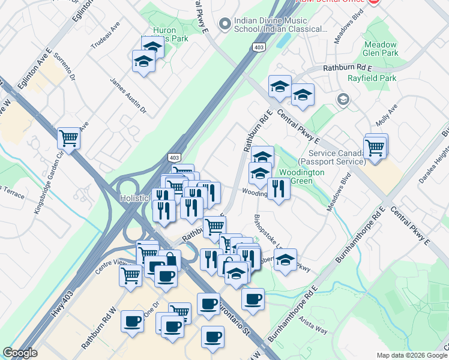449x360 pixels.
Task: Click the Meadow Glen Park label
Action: (381, 49)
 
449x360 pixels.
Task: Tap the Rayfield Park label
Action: (372, 78)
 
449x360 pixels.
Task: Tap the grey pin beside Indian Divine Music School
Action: (225, 24)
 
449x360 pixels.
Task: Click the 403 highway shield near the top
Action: (259, 47)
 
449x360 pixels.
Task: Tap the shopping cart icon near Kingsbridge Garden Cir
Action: (69, 139)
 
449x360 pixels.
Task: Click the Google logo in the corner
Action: (20, 353)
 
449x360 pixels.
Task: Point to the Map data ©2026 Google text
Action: (411, 355)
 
